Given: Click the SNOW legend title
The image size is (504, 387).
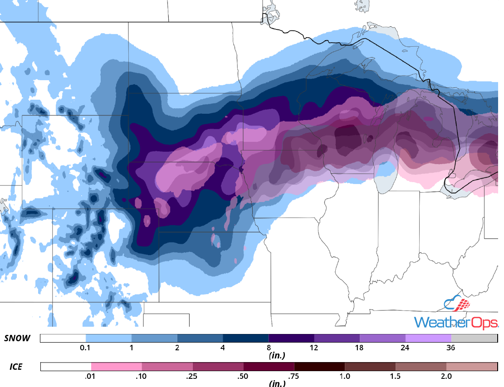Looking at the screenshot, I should (x=18, y=339).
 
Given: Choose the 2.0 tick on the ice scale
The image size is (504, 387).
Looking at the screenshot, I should (x=446, y=376).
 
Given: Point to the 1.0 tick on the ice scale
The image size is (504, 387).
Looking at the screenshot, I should (x=345, y=376).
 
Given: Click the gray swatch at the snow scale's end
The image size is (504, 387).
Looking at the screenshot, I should (x=474, y=339).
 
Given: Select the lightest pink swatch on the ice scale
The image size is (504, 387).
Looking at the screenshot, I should (x=117, y=367).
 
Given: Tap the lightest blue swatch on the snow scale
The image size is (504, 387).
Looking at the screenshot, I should (x=108, y=339).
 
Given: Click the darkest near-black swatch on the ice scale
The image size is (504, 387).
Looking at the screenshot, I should (x=319, y=367).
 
